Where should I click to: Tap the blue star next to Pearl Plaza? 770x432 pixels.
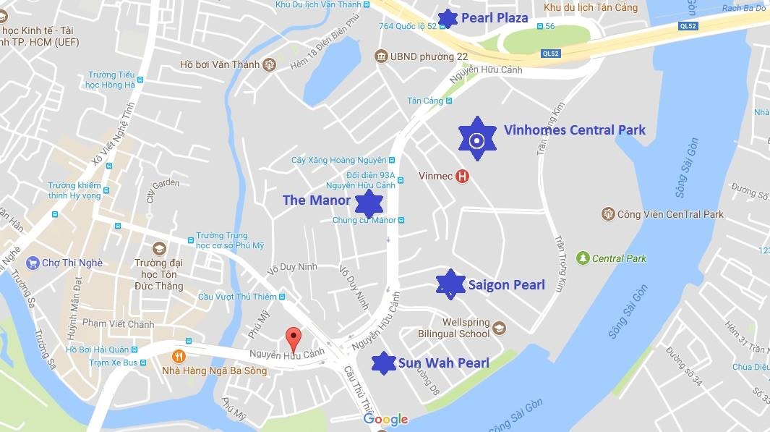point(448,19)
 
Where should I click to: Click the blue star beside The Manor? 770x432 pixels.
point(369,204)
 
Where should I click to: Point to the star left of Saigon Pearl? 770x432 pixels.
point(451,284)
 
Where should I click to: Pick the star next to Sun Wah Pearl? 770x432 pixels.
point(383,363)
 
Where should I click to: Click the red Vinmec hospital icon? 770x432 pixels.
point(462,176)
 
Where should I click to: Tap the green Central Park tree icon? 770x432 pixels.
point(582,258)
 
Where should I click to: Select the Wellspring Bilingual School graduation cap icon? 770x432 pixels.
point(499,329)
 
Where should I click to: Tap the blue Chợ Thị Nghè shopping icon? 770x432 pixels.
point(32,263)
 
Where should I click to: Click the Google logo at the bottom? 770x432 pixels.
point(385,420)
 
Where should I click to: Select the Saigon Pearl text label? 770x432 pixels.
point(506,284)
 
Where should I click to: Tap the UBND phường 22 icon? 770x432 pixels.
point(381,56)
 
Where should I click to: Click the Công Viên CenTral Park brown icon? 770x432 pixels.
point(608,214)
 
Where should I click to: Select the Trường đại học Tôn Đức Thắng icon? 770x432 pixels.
point(159,249)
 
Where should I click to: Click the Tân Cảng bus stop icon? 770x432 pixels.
point(449,101)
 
